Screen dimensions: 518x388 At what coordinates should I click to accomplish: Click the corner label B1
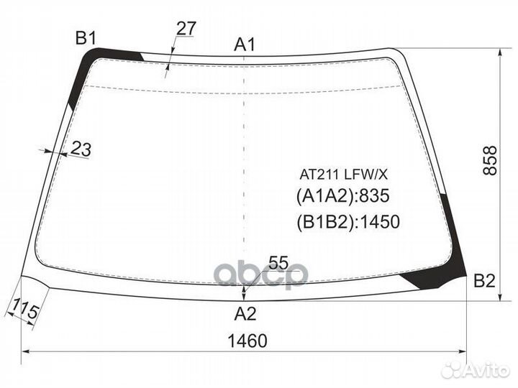click(x=86, y=38)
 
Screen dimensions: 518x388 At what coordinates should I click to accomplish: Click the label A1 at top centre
click(x=245, y=45)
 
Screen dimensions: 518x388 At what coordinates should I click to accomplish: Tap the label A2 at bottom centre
click(x=245, y=313)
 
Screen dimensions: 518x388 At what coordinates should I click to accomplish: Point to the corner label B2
click(x=484, y=281)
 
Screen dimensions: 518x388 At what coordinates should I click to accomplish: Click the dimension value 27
click(x=186, y=28)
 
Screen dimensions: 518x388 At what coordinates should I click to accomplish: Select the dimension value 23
click(x=81, y=149)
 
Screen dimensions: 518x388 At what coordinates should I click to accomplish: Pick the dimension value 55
click(x=278, y=263)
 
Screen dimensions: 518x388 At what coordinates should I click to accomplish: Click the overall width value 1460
click(x=247, y=341)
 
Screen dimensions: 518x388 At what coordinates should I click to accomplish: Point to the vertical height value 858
click(x=490, y=160)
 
